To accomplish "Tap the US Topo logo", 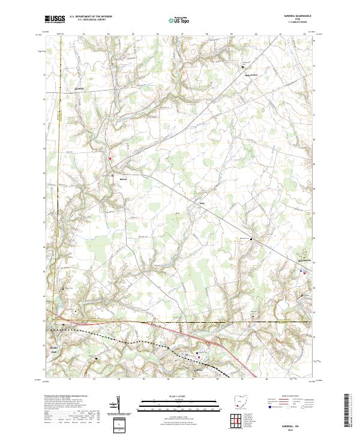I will click(x=175, y=20).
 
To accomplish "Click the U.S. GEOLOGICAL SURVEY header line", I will click(x=88, y=20).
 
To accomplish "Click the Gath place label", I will click(x=202, y=202).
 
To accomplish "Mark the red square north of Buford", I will click(x=110, y=158).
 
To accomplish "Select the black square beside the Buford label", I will click(x=112, y=175).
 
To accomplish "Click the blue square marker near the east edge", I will click(x=301, y=271).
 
